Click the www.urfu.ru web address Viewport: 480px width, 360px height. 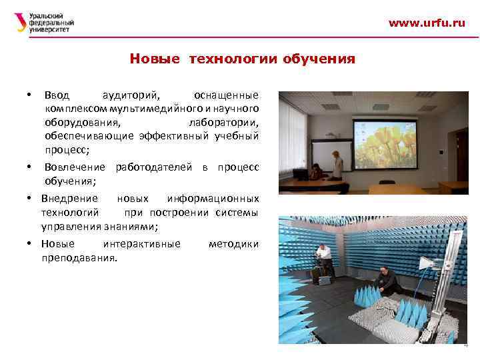click(427, 23)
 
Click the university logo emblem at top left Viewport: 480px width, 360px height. click(21, 23)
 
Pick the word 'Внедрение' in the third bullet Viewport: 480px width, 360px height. click(69, 198)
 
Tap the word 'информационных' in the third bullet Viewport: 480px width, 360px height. click(213, 198)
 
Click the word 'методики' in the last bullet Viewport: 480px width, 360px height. click(233, 244)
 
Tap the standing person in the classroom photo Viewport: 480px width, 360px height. click(337, 164)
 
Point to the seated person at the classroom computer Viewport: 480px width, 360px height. click(315, 171)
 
